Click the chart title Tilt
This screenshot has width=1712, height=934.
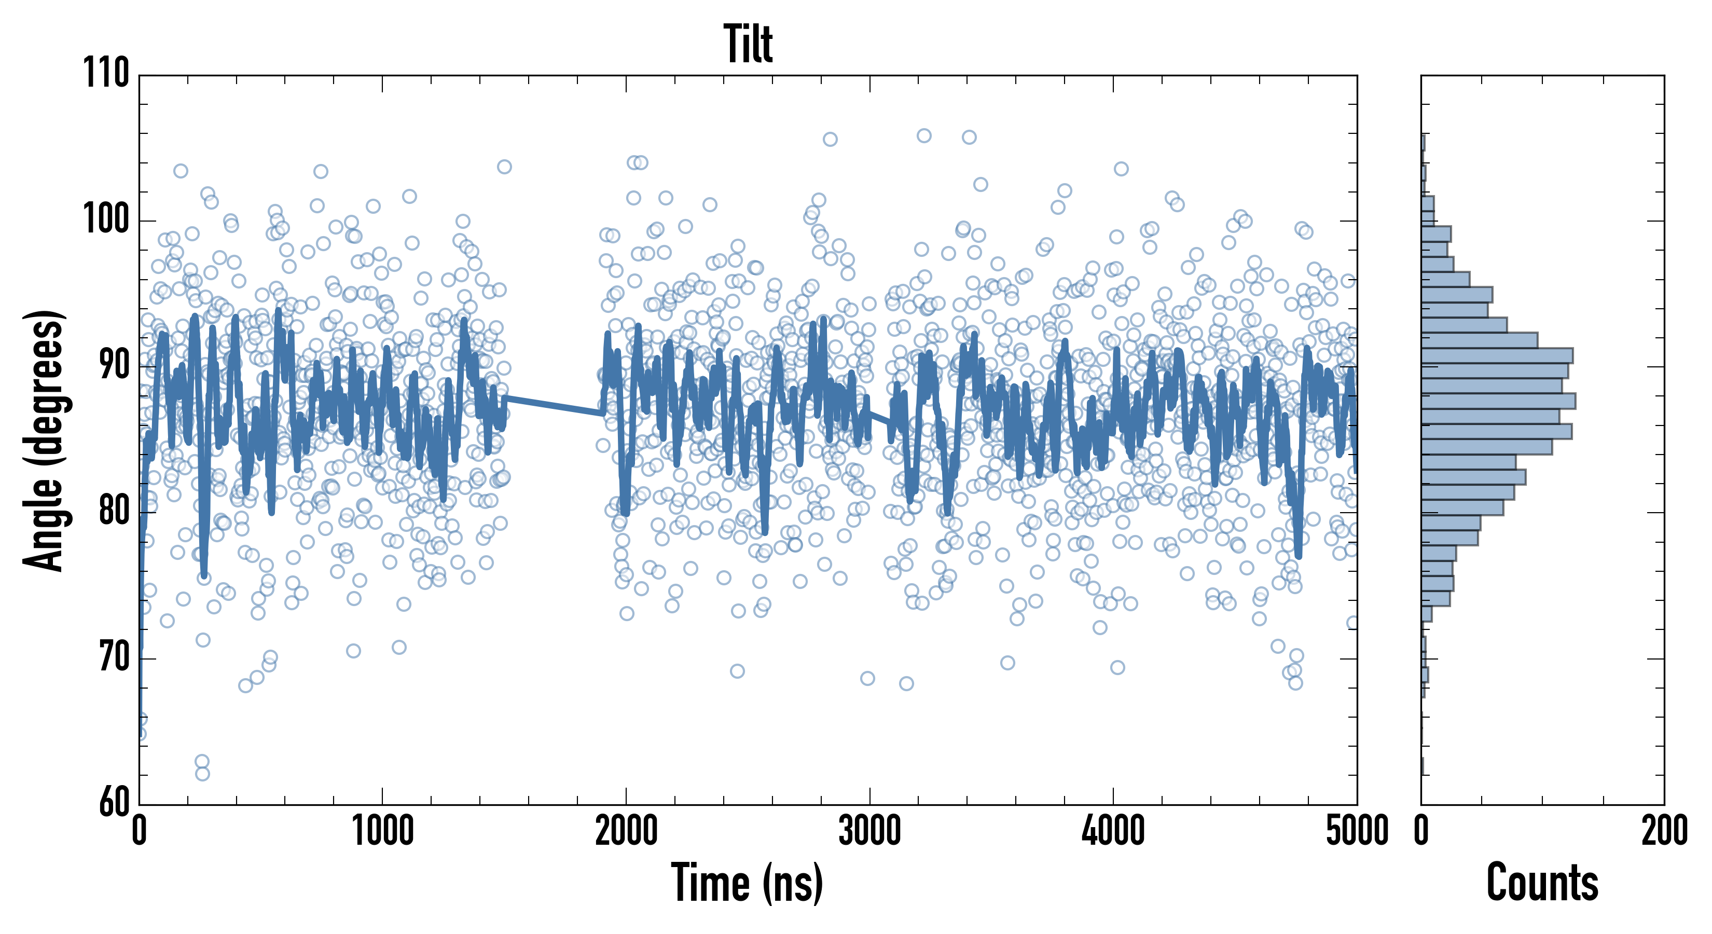(748, 44)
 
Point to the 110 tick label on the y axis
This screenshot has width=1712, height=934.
(106, 73)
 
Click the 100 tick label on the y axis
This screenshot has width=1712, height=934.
(106, 219)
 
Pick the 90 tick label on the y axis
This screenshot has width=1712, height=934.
(114, 366)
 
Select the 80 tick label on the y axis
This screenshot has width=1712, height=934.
(114, 512)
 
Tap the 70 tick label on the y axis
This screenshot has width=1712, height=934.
(114, 658)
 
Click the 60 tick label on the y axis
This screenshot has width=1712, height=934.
(114, 803)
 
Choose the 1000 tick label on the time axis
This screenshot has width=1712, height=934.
(382, 831)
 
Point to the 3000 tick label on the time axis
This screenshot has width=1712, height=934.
(869, 831)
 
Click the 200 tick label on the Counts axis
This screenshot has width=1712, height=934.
(1663, 831)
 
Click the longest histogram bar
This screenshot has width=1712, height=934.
(1498, 401)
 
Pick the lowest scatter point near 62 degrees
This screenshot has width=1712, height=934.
(202, 773)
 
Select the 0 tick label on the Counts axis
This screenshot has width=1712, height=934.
(1421, 831)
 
